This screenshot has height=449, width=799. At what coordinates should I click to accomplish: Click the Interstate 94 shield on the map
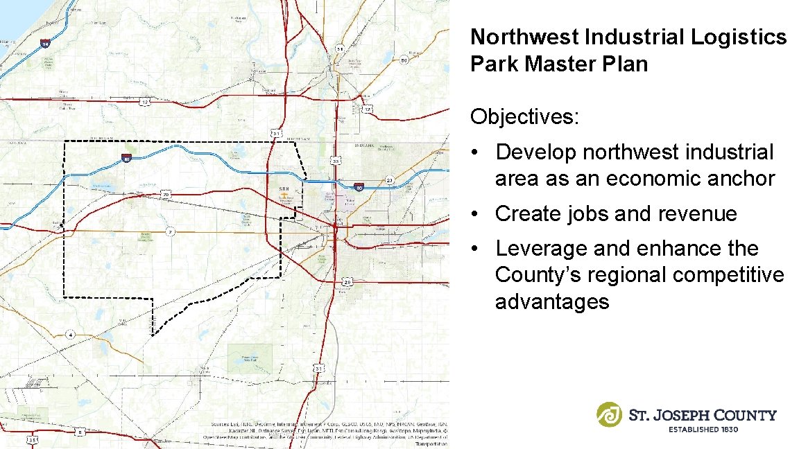click(x=45, y=44)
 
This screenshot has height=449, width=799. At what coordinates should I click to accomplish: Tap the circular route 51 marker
click(x=340, y=49)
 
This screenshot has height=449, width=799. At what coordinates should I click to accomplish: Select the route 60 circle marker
click(x=404, y=60)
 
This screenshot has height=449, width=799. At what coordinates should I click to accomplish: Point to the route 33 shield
click(x=336, y=161)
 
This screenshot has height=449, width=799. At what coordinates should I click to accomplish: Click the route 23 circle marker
click(x=390, y=181)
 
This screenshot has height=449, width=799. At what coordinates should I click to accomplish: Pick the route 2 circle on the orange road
click(x=169, y=231)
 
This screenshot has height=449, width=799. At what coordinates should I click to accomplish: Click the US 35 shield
click(x=32, y=439)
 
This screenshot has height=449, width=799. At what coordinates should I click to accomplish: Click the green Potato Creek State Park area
click(x=250, y=355)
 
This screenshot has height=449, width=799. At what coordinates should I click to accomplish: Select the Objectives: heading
click(x=524, y=116)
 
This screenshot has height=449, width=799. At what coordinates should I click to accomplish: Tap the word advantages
click(x=552, y=301)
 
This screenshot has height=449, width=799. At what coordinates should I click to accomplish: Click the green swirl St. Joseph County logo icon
click(x=610, y=414)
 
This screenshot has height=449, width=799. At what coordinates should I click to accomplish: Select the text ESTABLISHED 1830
click(x=703, y=430)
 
